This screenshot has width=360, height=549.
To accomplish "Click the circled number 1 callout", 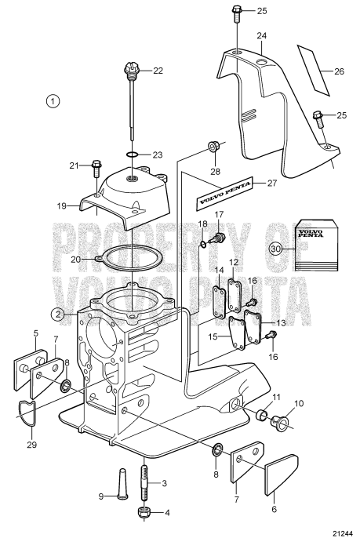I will point(53,100).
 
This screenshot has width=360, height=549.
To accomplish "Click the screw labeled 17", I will point(219,236).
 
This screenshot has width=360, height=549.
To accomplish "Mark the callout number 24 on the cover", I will point(261,35).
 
